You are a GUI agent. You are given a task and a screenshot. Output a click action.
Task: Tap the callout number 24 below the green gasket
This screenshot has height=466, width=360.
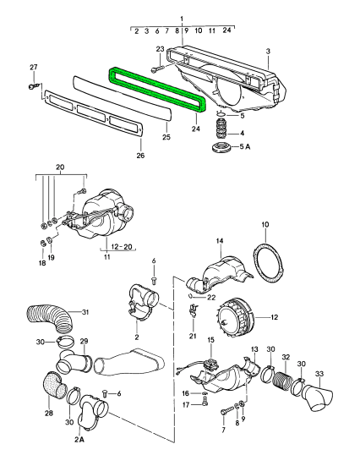196,129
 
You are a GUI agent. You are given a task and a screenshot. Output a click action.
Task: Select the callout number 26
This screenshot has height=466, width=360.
140,155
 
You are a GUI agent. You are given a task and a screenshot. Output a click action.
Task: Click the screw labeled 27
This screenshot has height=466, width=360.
32,86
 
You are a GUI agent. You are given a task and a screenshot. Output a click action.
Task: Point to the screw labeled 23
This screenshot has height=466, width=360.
157,69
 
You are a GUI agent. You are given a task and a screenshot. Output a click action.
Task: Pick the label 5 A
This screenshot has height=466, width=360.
245,146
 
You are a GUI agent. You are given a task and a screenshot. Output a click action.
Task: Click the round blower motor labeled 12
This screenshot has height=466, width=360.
236,318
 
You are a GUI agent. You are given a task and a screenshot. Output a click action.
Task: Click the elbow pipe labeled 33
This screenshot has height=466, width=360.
318,397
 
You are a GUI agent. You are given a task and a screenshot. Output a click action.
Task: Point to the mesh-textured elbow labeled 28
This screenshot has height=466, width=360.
53,386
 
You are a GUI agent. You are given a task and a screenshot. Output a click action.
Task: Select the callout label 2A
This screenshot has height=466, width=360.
79,439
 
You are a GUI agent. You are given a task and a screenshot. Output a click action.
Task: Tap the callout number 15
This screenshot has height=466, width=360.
210,340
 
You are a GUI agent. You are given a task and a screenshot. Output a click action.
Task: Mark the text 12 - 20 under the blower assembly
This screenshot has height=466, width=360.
122,247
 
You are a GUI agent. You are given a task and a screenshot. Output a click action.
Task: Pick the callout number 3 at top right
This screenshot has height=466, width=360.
268,51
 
